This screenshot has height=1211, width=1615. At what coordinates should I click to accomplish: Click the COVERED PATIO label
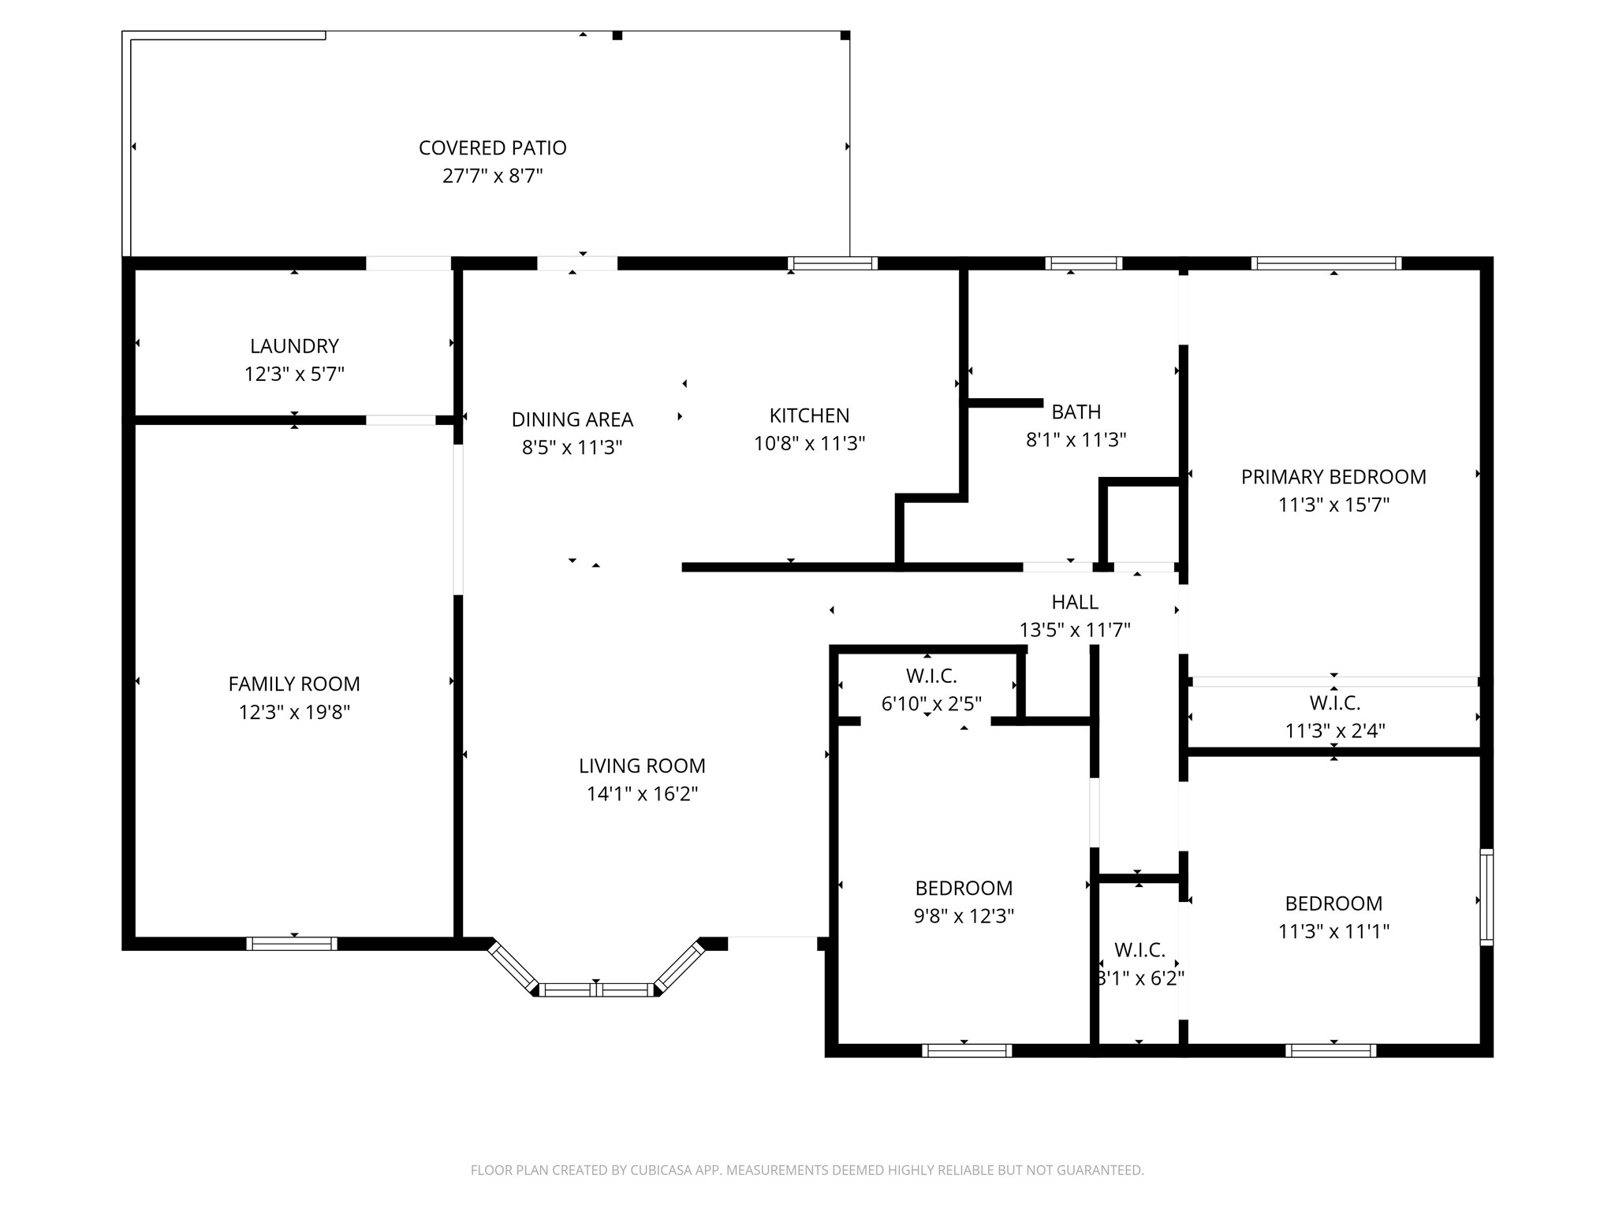(492, 148)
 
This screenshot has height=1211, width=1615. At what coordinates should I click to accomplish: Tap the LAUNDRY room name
(294, 346)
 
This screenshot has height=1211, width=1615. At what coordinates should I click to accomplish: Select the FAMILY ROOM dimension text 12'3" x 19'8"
(294, 712)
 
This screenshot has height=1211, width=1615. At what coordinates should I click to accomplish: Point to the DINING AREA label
(572, 419)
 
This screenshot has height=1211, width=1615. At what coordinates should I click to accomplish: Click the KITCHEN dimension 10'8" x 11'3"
(809, 443)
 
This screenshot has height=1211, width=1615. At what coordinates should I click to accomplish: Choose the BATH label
(1076, 412)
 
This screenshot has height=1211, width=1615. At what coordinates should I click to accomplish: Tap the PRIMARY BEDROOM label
(1333, 477)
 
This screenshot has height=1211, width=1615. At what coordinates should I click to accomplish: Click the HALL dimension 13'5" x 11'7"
(1075, 630)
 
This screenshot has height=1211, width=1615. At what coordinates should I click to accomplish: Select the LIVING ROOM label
(642, 766)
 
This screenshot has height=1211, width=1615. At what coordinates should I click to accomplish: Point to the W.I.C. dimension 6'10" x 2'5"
(931, 703)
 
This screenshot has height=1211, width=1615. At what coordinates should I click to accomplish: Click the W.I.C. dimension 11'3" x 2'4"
(1334, 731)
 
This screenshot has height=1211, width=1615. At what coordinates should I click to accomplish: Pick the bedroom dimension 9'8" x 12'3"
(964, 916)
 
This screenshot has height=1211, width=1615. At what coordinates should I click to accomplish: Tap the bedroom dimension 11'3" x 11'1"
(1333, 931)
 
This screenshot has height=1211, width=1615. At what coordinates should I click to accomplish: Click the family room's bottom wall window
(292, 944)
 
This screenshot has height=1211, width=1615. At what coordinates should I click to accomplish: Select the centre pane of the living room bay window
(597, 990)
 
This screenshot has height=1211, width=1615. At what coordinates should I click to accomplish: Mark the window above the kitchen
(833, 263)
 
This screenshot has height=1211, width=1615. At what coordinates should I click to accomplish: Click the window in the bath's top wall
(1084, 263)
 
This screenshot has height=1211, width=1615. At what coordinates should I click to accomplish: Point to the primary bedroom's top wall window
(1326, 263)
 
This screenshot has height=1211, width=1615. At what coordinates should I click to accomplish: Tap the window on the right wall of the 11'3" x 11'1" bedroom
(1486, 897)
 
